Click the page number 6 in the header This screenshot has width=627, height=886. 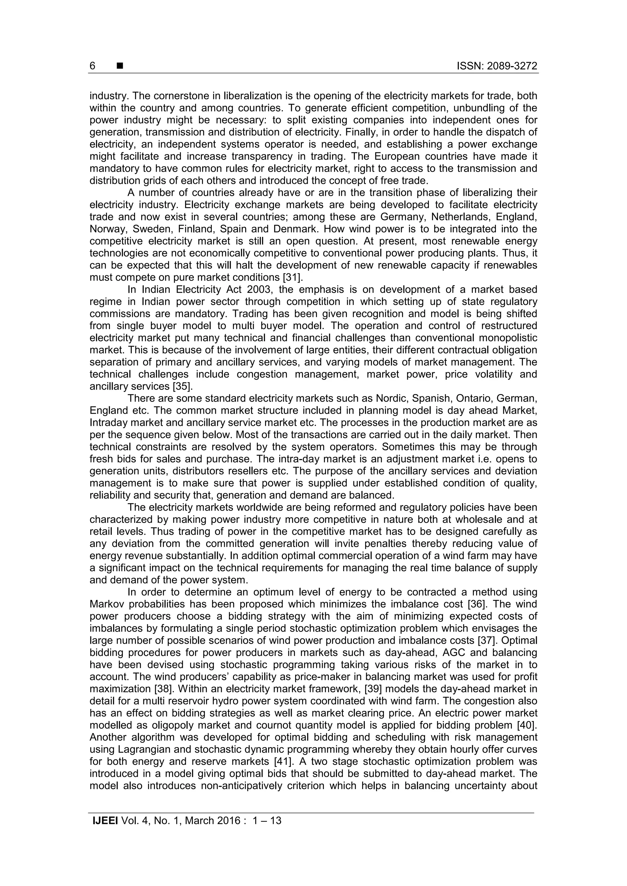coord(92,66)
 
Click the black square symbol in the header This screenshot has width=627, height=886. coord(120,66)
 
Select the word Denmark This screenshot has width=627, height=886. coord(296,229)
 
